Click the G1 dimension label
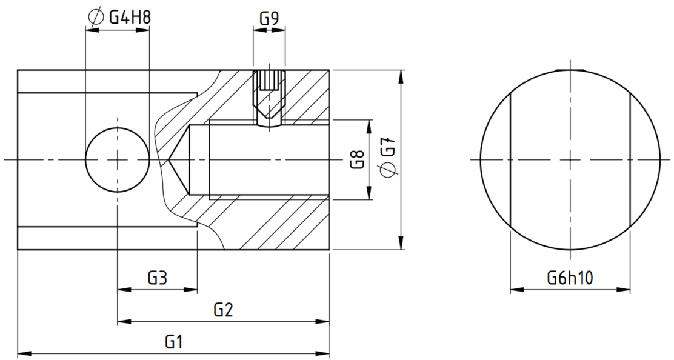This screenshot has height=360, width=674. [x=174, y=342]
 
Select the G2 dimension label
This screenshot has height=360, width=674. [x=223, y=310]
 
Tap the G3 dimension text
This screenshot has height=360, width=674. [x=158, y=278]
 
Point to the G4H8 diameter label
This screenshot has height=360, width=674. [x=130, y=17]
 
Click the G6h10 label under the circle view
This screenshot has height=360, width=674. [x=570, y=278]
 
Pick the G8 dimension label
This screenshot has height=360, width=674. [x=358, y=159]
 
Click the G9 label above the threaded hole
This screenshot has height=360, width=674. [x=269, y=18]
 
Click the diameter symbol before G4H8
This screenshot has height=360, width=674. [x=95, y=17]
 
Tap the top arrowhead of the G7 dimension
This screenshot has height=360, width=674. [x=401, y=76]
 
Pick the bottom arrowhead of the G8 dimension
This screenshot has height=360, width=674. [x=369, y=193]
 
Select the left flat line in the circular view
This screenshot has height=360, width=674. [x=510, y=159]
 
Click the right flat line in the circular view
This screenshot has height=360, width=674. [x=630, y=159]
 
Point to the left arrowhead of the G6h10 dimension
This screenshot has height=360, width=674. [x=517, y=290]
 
